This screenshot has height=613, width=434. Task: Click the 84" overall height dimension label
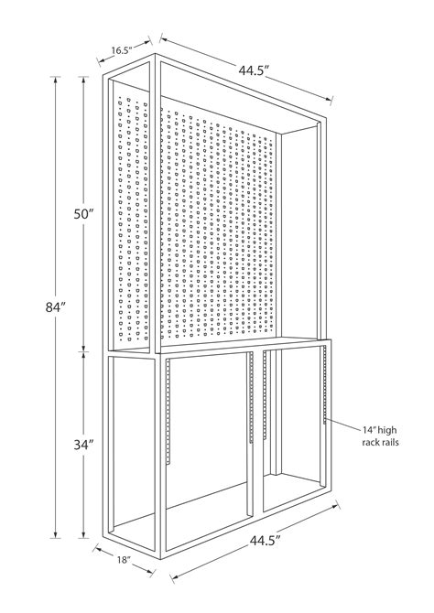coord(55,307)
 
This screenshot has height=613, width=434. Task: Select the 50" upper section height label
coord(83,214)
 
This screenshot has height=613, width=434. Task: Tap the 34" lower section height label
coord(83,445)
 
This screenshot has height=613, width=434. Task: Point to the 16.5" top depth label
coord(122,50)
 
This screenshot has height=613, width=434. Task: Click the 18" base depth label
coord(124,560)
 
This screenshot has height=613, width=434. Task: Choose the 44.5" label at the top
coord(255,70)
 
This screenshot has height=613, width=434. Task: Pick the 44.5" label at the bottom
coord(266,541)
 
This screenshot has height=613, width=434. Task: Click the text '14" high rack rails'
coord(380,436)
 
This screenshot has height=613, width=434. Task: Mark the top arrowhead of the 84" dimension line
coord(55,80)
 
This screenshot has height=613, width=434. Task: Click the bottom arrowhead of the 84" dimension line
coord(55,534)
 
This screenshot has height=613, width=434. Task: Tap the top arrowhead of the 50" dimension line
coord(83,80)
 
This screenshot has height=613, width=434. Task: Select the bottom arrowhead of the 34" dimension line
coord(83,534)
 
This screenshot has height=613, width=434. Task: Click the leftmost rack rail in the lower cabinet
coord(168,412)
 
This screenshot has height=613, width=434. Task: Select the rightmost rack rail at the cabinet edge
coord(325,384)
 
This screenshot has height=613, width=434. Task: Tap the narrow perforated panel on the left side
coord(133,218)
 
